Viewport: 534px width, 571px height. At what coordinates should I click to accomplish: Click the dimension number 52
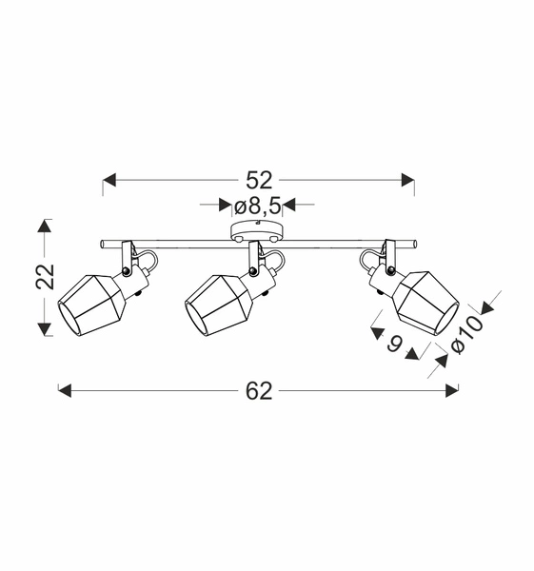(259, 180)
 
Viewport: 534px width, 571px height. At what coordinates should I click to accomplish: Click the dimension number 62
(259, 390)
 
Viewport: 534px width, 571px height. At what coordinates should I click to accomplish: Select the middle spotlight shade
(217, 304)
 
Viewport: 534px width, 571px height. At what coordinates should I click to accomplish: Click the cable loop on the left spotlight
(148, 259)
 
